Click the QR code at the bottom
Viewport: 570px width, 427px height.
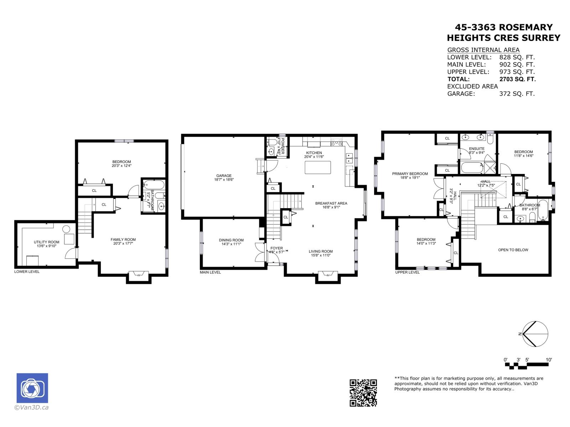click(363, 393)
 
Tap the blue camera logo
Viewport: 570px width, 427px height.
click(32, 388)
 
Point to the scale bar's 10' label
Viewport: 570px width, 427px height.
click(549, 360)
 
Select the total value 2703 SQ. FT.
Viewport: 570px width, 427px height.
click(517, 79)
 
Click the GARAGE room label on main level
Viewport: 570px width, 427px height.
click(224, 175)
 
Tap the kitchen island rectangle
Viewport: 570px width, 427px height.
click(318, 167)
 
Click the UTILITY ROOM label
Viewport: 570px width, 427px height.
click(47, 242)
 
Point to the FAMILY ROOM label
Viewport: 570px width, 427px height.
click(123, 239)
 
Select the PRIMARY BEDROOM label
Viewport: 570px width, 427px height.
click(410, 174)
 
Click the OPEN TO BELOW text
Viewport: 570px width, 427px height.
click(513, 250)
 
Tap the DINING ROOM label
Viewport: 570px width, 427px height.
click(231, 240)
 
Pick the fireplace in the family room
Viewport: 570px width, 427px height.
click(138, 274)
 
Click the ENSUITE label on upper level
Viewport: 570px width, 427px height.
click(476, 148)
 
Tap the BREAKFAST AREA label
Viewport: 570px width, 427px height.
click(331, 203)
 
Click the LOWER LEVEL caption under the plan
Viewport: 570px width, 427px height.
click(27, 272)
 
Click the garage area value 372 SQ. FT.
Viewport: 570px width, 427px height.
click(517, 94)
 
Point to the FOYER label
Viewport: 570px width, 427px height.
click(276, 248)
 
